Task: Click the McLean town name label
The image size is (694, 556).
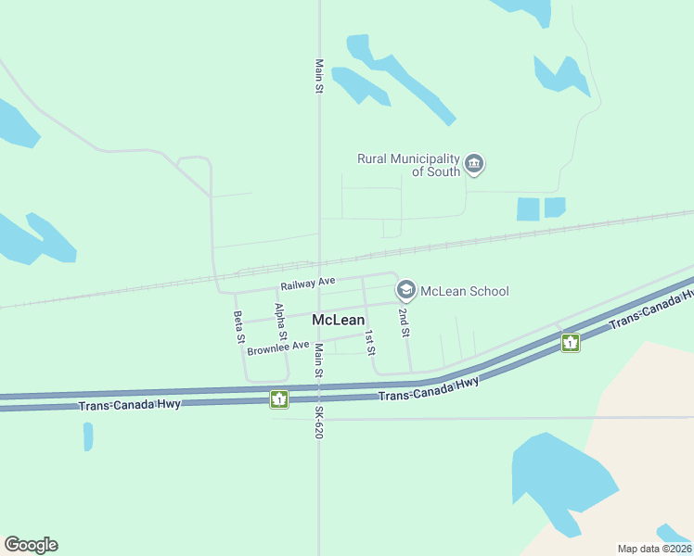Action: tap(338, 320)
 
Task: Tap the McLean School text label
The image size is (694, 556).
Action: tap(464, 291)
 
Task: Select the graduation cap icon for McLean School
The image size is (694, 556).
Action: tap(405, 290)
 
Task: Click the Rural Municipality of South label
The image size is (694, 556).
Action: tap(408, 165)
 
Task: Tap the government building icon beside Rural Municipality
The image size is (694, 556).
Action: tap(474, 165)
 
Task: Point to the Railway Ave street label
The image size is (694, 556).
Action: tap(307, 281)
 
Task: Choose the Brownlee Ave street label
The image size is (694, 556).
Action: tap(278, 348)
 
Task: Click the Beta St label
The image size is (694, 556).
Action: tap(238, 326)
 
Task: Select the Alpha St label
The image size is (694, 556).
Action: tap(280, 321)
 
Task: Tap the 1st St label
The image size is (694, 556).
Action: tap(369, 343)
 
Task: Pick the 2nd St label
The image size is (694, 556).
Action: tap(405, 322)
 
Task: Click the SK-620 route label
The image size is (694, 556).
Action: tap(318, 422)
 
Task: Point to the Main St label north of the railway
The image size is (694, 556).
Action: tap(319, 77)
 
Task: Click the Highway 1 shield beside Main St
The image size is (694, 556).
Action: tap(278, 399)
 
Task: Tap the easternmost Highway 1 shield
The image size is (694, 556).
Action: tap(570, 343)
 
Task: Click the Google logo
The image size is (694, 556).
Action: tap(31, 545)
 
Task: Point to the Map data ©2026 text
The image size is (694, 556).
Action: tap(653, 549)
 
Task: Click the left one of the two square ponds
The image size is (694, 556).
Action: tap(528, 209)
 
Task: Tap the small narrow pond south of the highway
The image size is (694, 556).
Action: tap(88, 436)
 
